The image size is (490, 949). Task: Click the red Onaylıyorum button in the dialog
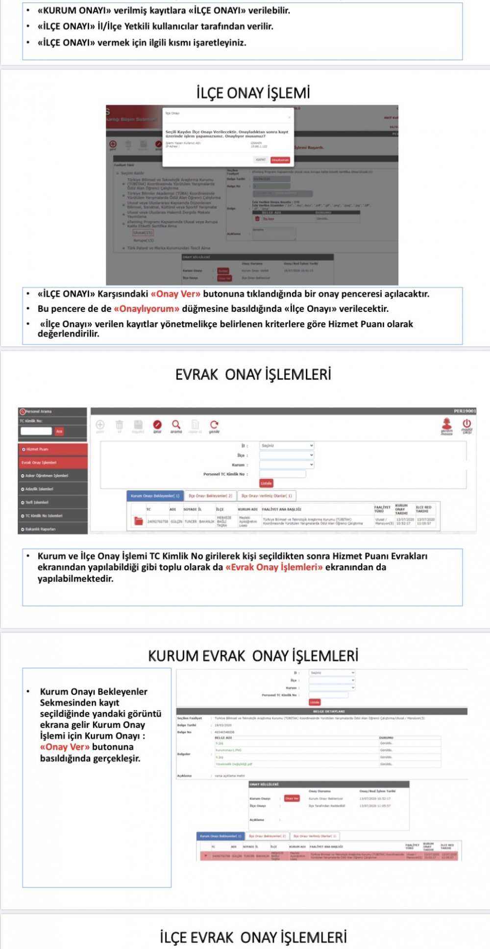click(280, 160)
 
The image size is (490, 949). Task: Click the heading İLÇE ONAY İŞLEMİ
click(253, 93)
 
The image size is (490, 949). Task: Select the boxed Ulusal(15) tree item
click(143, 232)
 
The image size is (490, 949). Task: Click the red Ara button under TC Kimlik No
click(59, 432)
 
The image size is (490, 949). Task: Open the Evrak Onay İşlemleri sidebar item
click(53, 462)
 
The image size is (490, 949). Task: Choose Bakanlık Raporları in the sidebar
click(53, 529)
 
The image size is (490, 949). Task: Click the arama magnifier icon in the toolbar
click(176, 425)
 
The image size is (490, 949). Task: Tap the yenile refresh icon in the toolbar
click(214, 425)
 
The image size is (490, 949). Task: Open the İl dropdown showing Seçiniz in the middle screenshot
click(287, 446)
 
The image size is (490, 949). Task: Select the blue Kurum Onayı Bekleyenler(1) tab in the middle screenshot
click(155, 496)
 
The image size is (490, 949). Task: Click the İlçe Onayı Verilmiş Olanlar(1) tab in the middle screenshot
click(267, 496)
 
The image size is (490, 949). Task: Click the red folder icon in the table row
click(138, 521)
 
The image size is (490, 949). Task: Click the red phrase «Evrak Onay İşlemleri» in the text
click(274, 567)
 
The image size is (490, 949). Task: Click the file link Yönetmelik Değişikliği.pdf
click(234, 764)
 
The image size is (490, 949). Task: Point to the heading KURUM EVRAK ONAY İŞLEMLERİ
click(253, 656)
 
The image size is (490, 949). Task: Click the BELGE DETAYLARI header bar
click(321, 711)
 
